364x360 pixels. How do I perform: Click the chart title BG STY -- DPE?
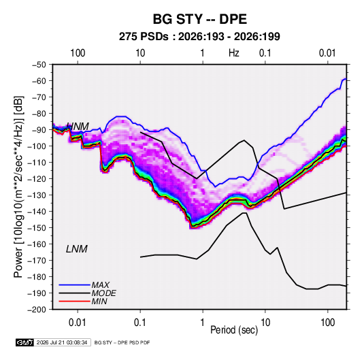(200, 19)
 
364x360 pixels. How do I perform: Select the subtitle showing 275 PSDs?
(199, 37)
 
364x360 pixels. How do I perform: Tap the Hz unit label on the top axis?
(234, 53)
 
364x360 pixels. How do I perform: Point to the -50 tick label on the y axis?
(39, 65)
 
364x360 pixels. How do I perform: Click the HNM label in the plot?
(78, 127)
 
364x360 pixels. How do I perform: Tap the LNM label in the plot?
(77, 249)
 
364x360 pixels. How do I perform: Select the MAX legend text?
(101, 285)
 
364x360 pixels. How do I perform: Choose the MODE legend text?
(104, 293)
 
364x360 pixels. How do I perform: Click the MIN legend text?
(99, 301)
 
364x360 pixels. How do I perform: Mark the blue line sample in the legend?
(75, 285)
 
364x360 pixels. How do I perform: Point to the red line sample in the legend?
(75, 301)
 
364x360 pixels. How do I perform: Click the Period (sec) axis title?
(234, 329)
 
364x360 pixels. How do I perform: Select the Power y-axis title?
(18, 187)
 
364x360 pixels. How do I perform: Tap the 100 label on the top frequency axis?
(78, 53)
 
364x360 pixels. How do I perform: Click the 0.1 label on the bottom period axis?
(140, 323)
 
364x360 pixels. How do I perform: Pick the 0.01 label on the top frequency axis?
(327, 53)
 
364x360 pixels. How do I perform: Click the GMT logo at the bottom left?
(25, 342)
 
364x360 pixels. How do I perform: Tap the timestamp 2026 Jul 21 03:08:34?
(62, 342)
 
